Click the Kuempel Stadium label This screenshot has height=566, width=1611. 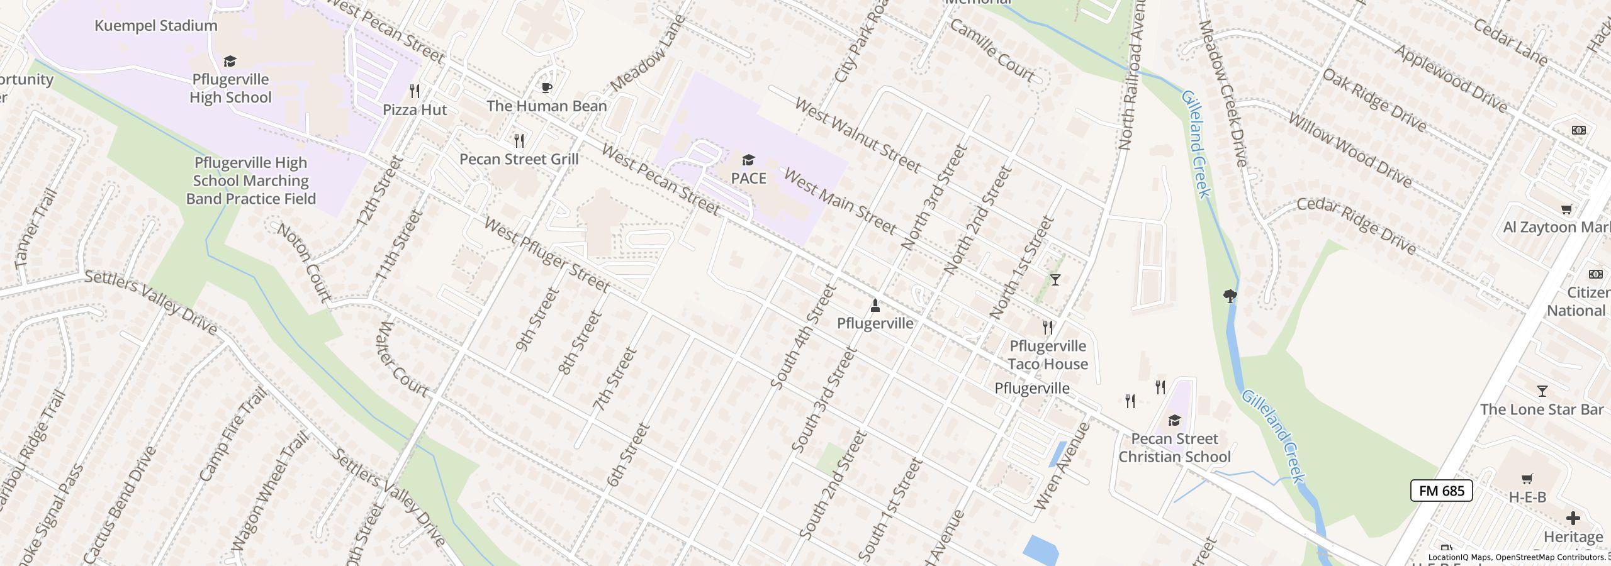coord(155,26)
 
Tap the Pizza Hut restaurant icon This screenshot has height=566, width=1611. coord(415,91)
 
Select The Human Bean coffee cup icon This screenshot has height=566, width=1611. coord(547,87)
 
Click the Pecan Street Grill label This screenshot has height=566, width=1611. coord(519,159)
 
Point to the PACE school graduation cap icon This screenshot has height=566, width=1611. coord(748,160)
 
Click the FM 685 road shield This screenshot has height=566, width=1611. coord(1441,491)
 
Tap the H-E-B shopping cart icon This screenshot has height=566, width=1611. coord(1527,479)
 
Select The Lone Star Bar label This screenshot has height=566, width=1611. coord(1541,410)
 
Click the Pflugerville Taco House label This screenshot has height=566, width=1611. coord(1047,355)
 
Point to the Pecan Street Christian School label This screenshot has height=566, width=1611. coord(1174,448)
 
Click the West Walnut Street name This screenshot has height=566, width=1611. coord(858,135)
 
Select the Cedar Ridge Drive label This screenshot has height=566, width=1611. coord(1356,226)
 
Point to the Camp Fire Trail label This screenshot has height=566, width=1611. coord(233,435)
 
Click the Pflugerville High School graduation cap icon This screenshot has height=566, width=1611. coord(230,61)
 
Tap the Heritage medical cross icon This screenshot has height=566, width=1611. coord(1573,518)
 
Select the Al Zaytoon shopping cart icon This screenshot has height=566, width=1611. coord(1566,209)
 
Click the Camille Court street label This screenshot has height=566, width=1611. coord(992,50)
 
